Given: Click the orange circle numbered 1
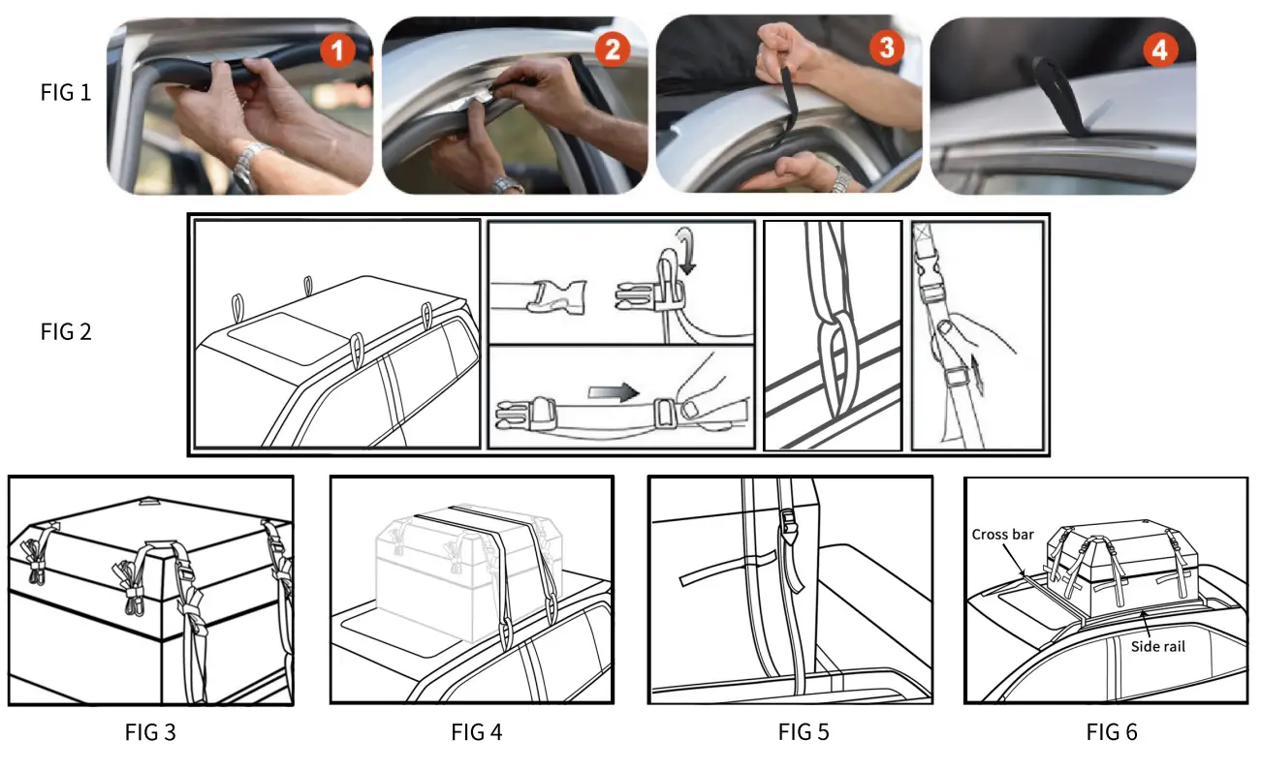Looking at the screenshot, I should [337, 50].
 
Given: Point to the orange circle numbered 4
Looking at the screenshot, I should [1159, 50].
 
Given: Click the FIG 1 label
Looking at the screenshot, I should [66, 94].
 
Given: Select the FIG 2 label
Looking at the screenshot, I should [66, 332].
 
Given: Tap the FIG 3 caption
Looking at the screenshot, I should [150, 732].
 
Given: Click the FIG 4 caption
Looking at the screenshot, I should [477, 732].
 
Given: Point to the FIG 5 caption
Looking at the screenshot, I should [804, 732].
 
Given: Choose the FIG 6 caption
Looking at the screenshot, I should [1112, 732].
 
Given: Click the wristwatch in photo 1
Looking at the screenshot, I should [251, 163].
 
